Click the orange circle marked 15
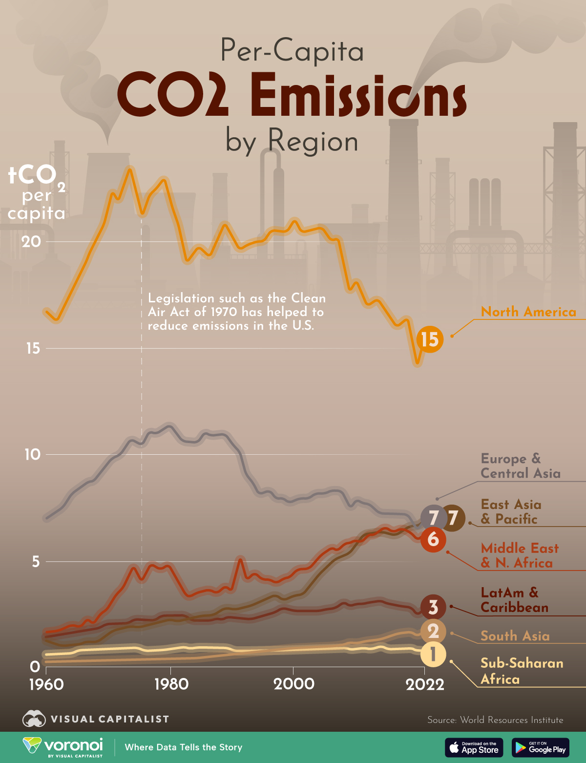pyautogui.click(x=430, y=339)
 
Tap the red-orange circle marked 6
pyautogui.click(x=433, y=539)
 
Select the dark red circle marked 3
pyautogui.click(x=433, y=607)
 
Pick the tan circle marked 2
pyautogui.click(x=433, y=631)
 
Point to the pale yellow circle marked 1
pyautogui.click(x=433, y=655)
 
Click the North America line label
pyautogui.click(x=528, y=312)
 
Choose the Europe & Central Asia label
pyautogui.click(x=520, y=466)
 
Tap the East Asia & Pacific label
pyautogui.click(x=511, y=511)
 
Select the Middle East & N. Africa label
pyautogui.click(x=520, y=555)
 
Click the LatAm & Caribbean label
pyautogui.click(x=514, y=600)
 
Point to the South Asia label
pyautogui.click(x=515, y=636)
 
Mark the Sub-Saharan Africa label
pyautogui.click(x=522, y=671)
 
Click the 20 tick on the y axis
pyautogui.click(x=31, y=241)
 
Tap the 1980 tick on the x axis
pyautogui.click(x=171, y=684)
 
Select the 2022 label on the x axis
pyautogui.click(x=425, y=684)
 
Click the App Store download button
pyautogui.click(x=474, y=747)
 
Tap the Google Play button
pyautogui.click(x=541, y=747)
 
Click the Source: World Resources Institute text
pyautogui.click(x=495, y=720)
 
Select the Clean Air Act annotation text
pyautogui.click(x=236, y=312)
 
